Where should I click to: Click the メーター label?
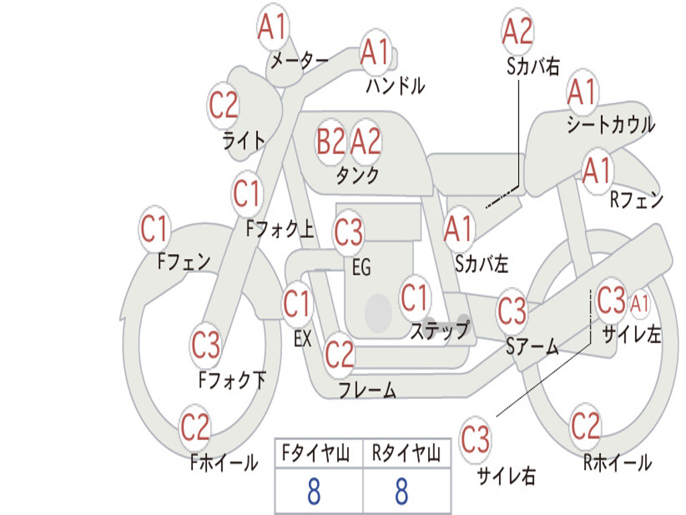pos(299,60)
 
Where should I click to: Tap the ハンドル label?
pos(395,85)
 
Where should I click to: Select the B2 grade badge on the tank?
pos(331,141)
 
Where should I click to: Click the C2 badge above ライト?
pos(223,105)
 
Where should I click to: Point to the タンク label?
pos(358,175)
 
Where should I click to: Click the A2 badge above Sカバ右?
pos(518,31)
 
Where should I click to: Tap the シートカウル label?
pos(611,124)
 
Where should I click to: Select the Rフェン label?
pos(636,200)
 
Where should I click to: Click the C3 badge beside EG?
pos(348,233)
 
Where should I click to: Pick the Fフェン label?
pos(184,262)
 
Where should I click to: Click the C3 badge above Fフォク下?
pos(206,345)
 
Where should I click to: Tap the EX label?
pos(303,339)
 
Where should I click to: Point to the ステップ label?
pos(440,330)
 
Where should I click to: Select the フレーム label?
pos(368,390)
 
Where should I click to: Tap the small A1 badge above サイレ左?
pos(639,303)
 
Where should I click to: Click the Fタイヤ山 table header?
pos(316,453)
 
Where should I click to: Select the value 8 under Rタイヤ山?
pos(402,491)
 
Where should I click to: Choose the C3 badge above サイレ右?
pos(475,439)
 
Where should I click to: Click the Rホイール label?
pos(617,463)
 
